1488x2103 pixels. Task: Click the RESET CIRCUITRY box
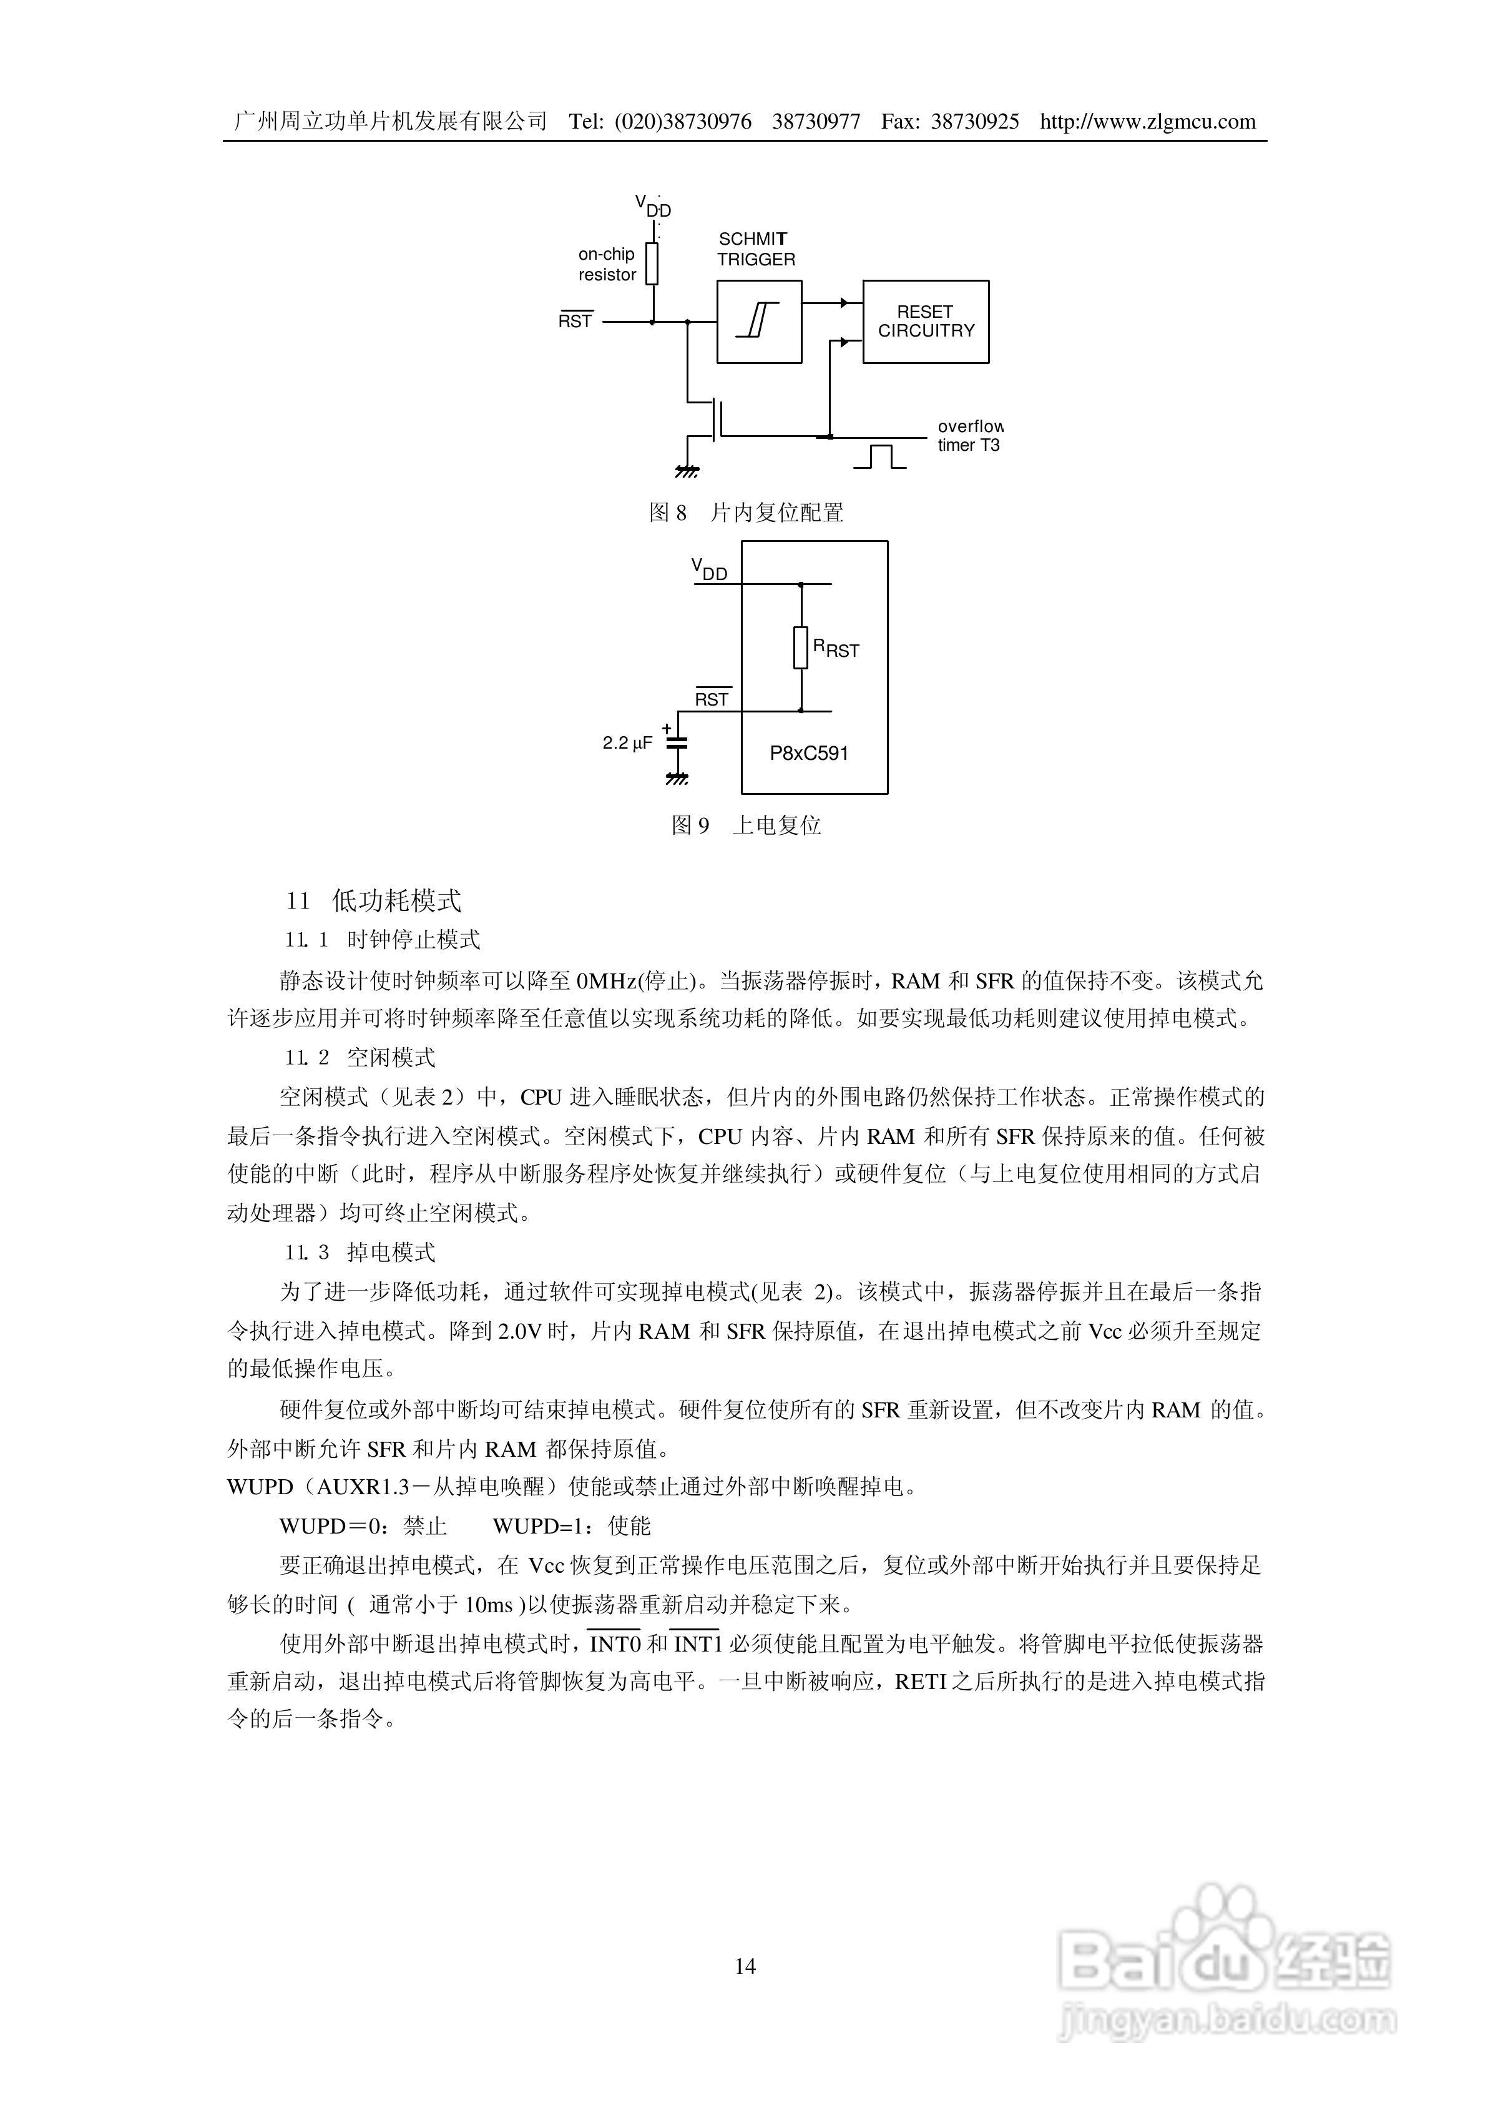(x=926, y=322)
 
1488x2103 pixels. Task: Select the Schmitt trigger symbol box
(x=758, y=322)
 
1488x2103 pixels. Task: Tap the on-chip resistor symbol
(x=652, y=264)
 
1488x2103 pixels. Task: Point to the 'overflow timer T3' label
(x=969, y=436)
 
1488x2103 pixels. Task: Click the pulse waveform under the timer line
(x=879, y=456)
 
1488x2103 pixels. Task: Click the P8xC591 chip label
(x=809, y=753)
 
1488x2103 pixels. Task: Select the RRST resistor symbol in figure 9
(x=801, y=648)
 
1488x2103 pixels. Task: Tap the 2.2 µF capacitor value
(x=628, y=743)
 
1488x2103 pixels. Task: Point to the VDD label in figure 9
(x=709, y=570)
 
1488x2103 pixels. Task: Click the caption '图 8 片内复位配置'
(x=746, y=513)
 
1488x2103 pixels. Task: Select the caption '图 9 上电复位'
(x=746, y=825)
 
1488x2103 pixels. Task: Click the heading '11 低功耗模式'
(x=373, y=901)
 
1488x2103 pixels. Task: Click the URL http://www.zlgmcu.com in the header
(x=1147, y=122)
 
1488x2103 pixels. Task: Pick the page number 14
(x=745, y=1966)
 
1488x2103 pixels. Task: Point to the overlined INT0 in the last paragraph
(x=614, y=1645)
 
